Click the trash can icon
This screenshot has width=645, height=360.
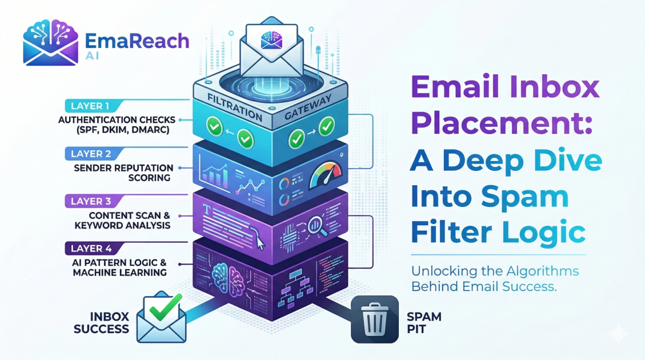375,319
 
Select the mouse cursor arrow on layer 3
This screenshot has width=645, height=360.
261,243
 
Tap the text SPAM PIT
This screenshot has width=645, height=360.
421,322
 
